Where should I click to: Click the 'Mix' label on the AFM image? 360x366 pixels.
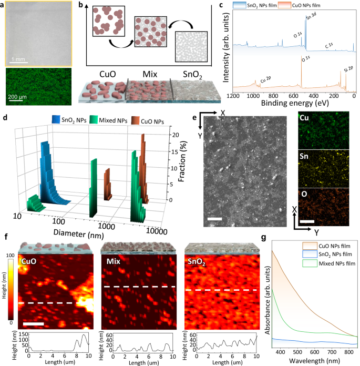111,260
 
